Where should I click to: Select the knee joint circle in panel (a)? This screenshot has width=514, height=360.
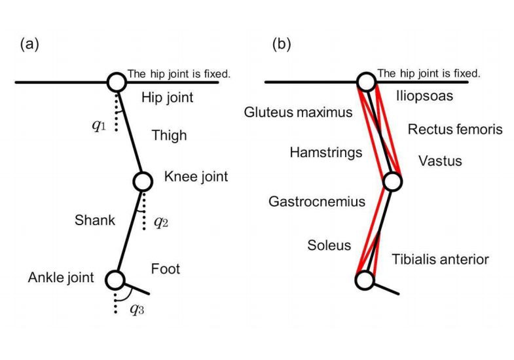tap(143, 181)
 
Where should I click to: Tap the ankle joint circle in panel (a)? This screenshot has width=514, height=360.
tap(115, 279)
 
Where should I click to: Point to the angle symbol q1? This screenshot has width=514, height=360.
tap(99, 124)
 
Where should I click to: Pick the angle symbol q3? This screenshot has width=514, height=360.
tap(136, 309)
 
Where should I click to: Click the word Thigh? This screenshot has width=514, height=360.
tap(169, 135)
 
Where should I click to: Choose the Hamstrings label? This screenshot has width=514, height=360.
tap(326, 153)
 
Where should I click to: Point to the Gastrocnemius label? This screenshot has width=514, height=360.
tap(317, 202)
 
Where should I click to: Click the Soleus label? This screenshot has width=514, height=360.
tap(329, 245)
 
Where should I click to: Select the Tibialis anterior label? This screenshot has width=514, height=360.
tap(440, 260)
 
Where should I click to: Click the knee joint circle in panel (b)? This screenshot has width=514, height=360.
tap(392, 181)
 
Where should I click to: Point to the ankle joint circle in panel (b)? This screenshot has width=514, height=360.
tap(364, 280)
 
